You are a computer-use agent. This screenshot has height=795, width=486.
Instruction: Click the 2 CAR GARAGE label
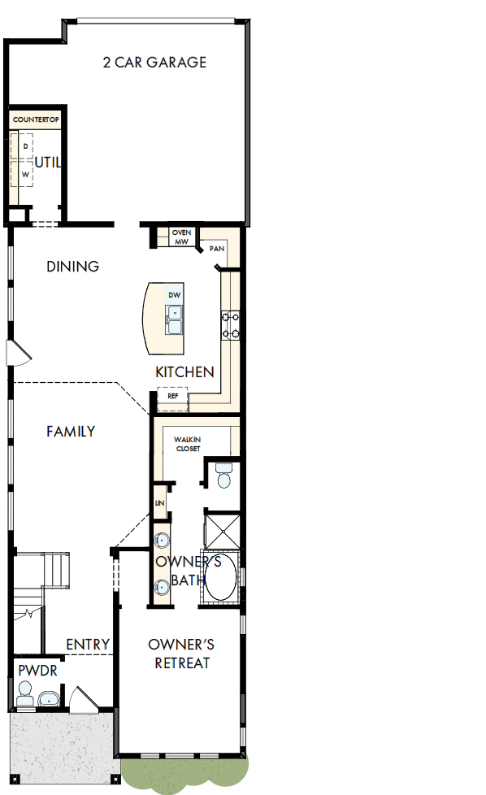(154, 63)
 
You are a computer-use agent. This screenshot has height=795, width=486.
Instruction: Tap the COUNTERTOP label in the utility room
(36, 119)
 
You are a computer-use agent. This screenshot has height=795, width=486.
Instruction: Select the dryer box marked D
(25, 146)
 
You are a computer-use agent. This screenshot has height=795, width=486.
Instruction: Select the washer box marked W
(25, 174)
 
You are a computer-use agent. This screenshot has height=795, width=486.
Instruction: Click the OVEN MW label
(181, 237)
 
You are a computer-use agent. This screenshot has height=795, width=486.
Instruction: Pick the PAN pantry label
(216, 249)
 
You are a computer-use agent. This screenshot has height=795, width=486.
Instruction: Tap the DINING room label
(72, 267)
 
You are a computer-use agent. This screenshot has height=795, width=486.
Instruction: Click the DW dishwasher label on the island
(174, 294)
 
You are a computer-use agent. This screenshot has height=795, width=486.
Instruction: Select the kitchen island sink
(175, 319)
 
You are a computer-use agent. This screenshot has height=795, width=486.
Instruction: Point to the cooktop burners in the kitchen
(230, 324)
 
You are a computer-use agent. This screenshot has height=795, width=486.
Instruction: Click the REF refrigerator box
(172, 396)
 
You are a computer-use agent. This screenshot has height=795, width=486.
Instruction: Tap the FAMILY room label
(71, 432)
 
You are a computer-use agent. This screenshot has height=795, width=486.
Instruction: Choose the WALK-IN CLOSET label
(187, 444)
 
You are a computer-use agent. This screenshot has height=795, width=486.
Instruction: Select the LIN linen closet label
(159, 504)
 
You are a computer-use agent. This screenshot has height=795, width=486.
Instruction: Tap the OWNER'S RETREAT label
(179, 654)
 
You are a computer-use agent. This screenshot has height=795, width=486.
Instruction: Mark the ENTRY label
(88, 645)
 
